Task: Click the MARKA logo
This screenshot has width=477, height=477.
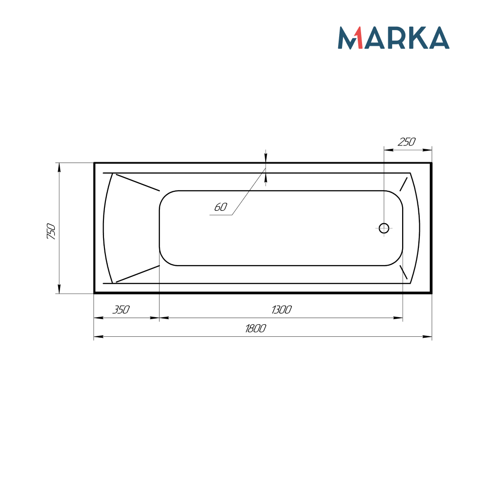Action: point(394,38)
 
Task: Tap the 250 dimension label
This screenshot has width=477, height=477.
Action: point(407,142)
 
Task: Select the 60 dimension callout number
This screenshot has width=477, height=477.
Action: point(220,207)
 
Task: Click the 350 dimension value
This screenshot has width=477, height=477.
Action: point(121,310)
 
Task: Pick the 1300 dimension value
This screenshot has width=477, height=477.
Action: point(281,310)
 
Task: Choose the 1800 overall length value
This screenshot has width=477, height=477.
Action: point(255,329)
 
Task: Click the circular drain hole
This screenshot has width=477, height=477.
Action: point(384,228)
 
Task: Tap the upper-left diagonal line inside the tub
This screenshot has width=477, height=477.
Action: point(137,182)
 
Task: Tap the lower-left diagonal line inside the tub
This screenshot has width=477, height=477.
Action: point(137,273)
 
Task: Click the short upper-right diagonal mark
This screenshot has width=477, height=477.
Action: point(404,184)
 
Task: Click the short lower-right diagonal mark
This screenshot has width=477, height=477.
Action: point(404,272)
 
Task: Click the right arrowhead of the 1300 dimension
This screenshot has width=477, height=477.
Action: point(399,318)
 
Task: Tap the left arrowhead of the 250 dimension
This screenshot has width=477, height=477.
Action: point(388,150)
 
